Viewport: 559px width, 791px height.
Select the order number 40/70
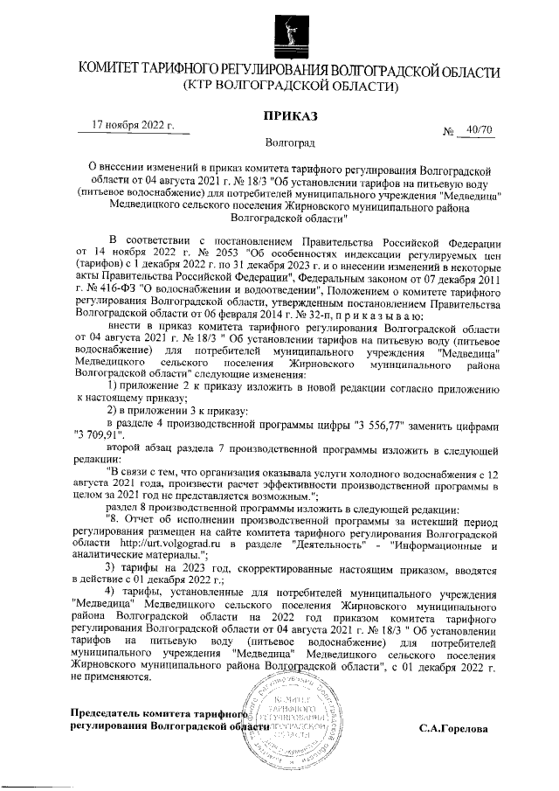click(480, 130)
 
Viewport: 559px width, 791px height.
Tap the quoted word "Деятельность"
click(321, 543)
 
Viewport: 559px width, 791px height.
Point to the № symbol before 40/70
click(451, 132)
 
